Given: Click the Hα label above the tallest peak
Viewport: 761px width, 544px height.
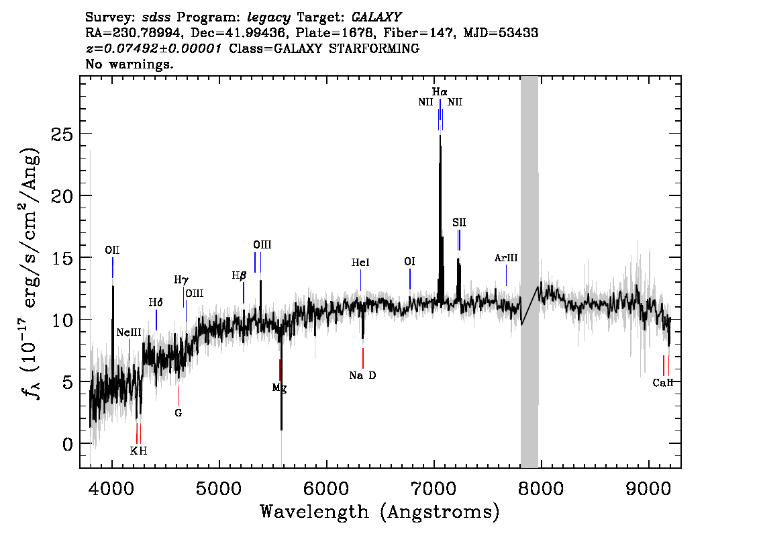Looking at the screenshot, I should click(440, 91).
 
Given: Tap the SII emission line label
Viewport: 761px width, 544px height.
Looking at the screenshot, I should click(459, 222).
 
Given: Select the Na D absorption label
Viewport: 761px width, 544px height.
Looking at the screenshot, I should click(362, 375).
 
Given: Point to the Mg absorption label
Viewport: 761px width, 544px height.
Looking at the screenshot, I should click(279, 388).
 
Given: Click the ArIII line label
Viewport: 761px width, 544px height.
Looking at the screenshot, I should click(506, 258).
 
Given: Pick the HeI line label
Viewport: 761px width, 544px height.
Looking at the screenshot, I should click(360, 263).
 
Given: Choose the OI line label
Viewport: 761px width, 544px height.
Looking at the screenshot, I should click(410, 262).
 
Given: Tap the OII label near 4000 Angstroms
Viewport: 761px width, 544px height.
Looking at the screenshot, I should click(112, 251).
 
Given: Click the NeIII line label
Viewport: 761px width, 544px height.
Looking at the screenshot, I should click(129, 332).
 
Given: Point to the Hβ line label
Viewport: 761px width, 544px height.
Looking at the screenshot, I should click(239, 275).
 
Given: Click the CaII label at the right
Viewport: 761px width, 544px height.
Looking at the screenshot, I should click(662, 383).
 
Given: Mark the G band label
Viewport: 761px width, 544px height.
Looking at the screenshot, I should click(179, 413).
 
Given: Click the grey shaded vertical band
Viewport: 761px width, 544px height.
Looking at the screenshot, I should click(529, 269).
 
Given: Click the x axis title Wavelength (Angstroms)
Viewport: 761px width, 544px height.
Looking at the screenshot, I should click(380, 512).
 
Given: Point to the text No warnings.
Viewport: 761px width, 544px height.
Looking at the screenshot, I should click(130, 64).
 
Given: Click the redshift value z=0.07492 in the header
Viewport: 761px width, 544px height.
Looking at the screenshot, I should click(154, 49).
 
